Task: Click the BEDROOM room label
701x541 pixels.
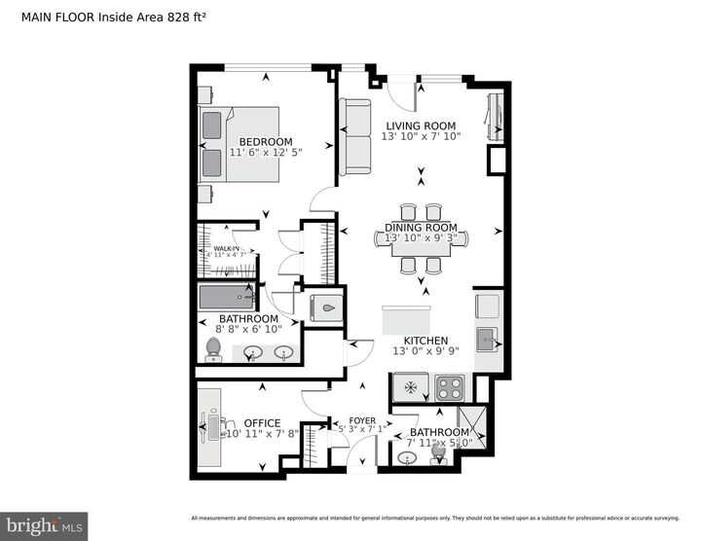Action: click(x=266, y=141)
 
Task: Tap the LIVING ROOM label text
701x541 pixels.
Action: click(x=421, y=125)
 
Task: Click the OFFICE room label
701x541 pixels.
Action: click(x=262, y=423)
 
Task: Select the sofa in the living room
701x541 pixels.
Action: click(x=354, y=137)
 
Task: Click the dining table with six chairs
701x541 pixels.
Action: click(x=421, y=242)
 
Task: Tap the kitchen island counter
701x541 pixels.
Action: click(x=406, y=320)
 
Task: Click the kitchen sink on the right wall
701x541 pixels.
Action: click(x=486, y=340)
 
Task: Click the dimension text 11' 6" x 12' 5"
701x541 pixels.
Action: click(x=266, y=153)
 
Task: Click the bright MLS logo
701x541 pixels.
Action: click(x=44, y=526)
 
